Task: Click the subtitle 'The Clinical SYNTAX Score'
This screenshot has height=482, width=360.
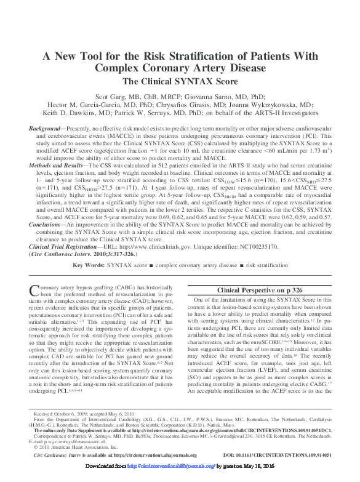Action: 180,81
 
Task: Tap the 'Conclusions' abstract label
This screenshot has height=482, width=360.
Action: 48,241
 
